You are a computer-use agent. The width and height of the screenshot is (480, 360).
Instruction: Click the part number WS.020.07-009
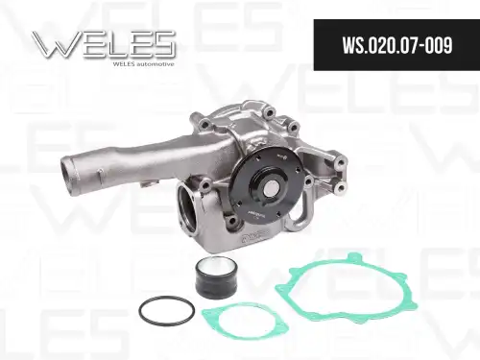point(397,45)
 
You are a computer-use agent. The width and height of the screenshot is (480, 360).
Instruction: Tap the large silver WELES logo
point(104,44)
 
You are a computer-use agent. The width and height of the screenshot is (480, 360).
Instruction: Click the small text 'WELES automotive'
point(144,64)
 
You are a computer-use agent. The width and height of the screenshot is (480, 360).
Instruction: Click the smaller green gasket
point(245,321)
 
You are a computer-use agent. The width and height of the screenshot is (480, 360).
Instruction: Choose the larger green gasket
point(347,289)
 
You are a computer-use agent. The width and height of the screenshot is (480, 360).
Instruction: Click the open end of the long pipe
point(68,170)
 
